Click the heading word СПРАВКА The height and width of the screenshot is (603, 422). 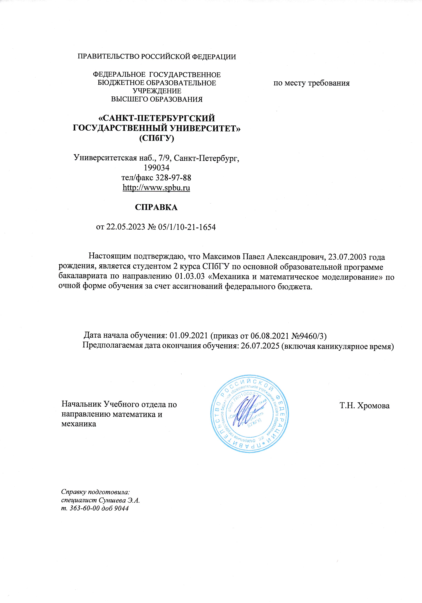(x=156, y=207)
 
